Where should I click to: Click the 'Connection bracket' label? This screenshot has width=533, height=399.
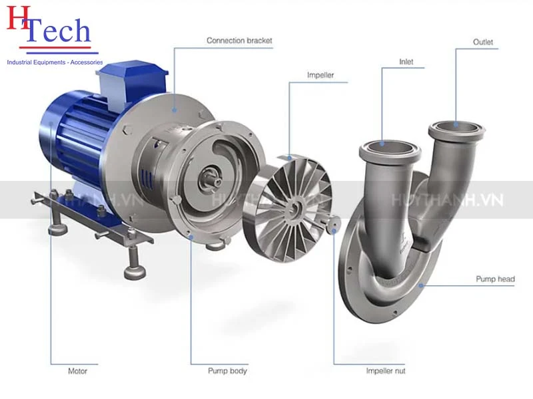239,41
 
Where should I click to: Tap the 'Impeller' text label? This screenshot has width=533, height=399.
320,75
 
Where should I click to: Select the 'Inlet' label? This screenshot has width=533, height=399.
406,62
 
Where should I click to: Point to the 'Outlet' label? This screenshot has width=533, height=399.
482,42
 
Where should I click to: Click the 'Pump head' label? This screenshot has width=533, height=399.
495,279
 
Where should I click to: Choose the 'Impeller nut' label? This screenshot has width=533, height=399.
386,371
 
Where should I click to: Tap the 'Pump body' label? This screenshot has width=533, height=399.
227,371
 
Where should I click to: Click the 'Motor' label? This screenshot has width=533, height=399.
77,371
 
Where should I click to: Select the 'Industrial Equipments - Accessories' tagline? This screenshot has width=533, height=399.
55,62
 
